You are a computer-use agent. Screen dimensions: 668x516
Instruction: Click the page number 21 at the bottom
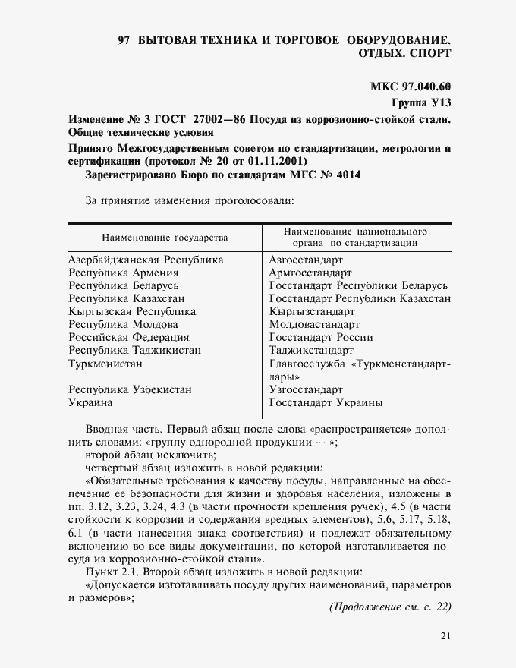(445, 636)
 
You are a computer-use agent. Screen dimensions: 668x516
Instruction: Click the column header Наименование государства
(165, 238)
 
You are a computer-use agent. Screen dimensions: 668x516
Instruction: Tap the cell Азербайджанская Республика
(146, 259)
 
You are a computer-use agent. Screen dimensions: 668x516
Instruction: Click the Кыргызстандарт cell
(312, 311)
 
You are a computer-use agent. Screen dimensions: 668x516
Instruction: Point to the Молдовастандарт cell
(317, 324)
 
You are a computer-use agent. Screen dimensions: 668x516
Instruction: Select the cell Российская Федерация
(129, 337)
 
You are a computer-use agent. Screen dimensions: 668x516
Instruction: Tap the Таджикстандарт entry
(311, 350)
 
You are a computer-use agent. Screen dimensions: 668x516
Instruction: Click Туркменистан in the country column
(105, 364)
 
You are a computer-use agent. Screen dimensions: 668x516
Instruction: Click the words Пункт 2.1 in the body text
(112, 571)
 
